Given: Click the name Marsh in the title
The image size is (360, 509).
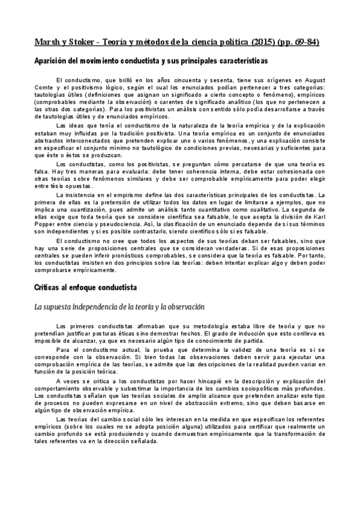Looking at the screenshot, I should click(x=47, y=42).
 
